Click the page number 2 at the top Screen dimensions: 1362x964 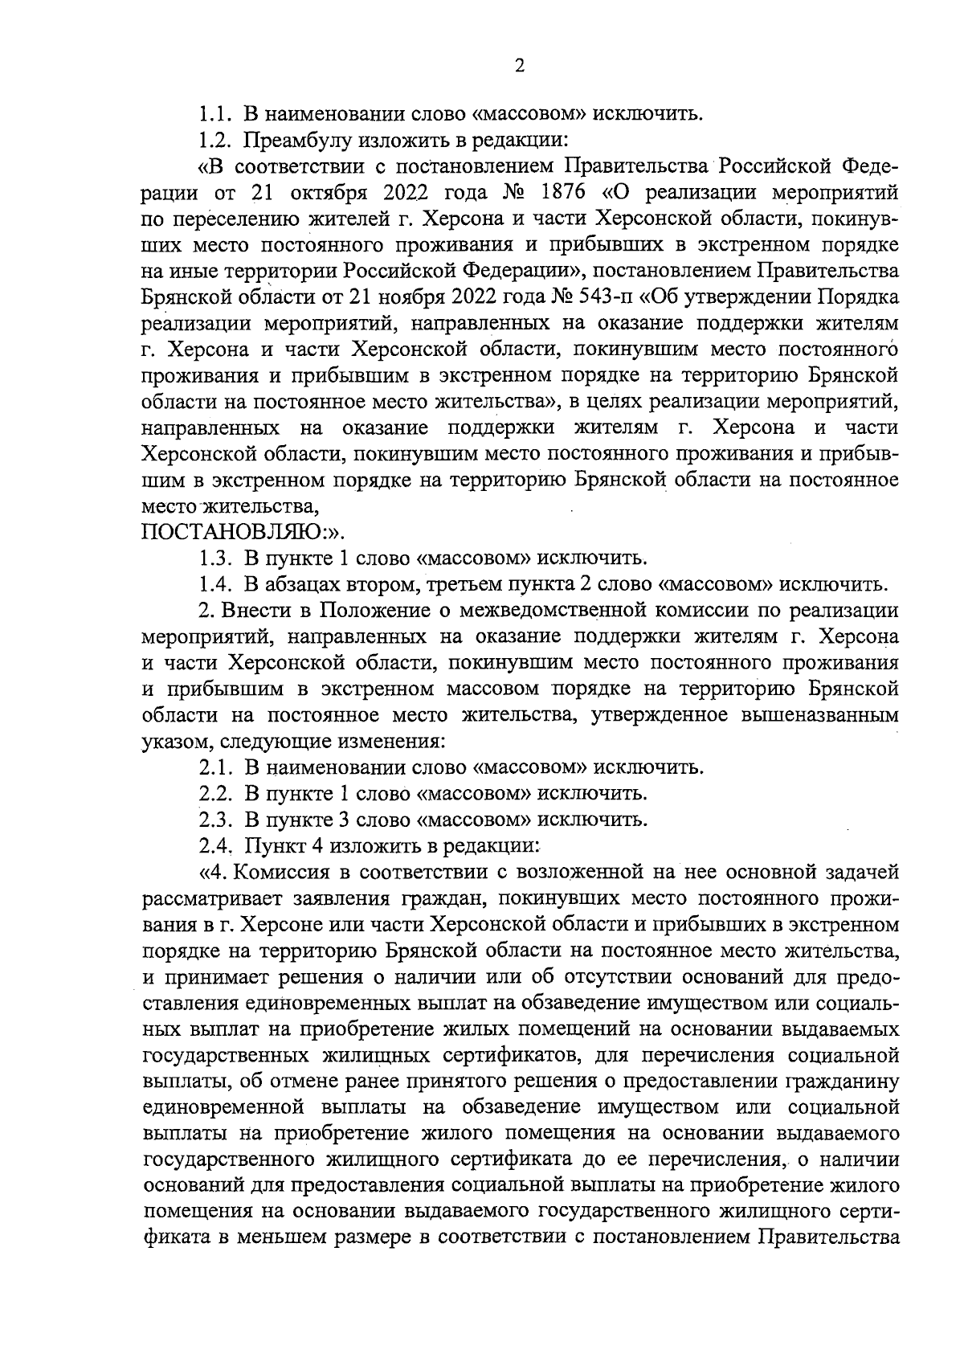(x=519, y=67)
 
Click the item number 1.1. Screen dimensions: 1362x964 (x=214, y=112)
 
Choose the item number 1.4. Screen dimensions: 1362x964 (x=214, y=583)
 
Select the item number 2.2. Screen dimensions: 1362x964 (x=214, y=794)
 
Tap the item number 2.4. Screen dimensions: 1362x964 (x=215, y=846)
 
